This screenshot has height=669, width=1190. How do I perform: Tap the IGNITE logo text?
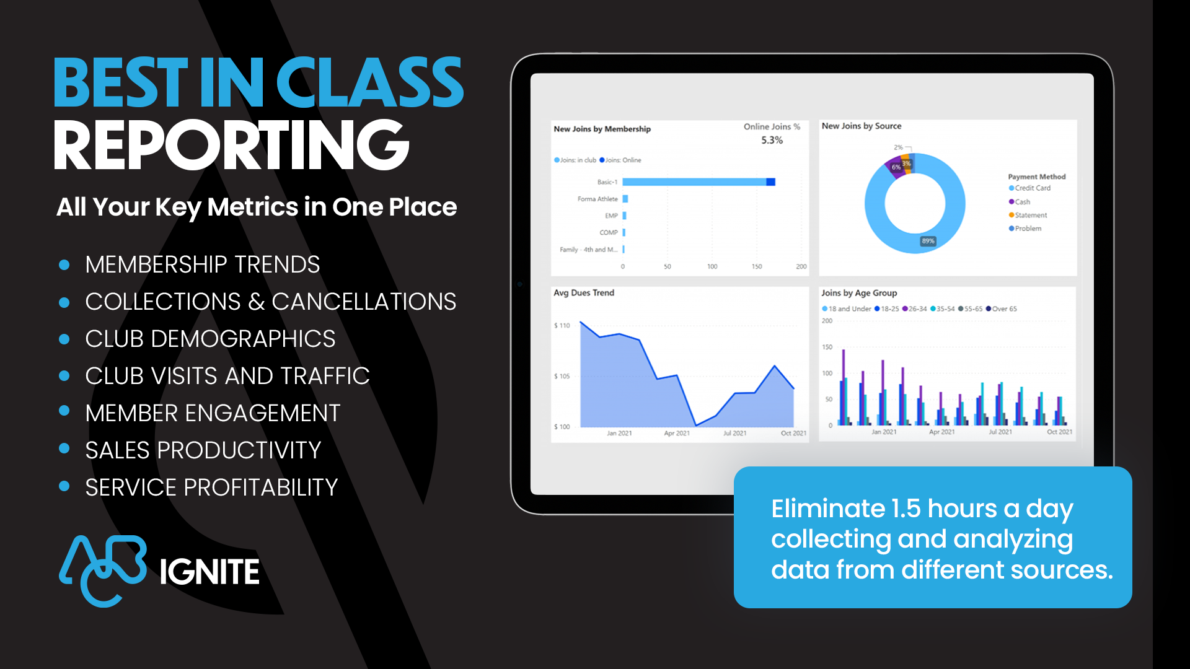209,572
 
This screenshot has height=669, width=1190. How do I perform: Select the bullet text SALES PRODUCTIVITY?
203,450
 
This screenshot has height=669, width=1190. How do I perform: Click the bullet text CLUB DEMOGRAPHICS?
210,339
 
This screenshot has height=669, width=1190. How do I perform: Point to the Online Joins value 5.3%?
772,140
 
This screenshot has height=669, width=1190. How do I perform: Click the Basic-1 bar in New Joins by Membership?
698,182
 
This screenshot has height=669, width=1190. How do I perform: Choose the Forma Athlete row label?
597,199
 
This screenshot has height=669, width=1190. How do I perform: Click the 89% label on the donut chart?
928,241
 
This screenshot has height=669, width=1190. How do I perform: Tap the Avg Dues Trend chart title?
584,293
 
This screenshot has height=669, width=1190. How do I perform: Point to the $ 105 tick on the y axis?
562,376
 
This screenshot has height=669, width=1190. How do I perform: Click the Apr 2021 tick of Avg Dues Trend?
677,433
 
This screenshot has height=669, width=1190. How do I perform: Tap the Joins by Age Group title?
859,293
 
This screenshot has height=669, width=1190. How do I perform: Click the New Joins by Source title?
862,126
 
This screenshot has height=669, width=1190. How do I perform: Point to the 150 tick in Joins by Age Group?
827,347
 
